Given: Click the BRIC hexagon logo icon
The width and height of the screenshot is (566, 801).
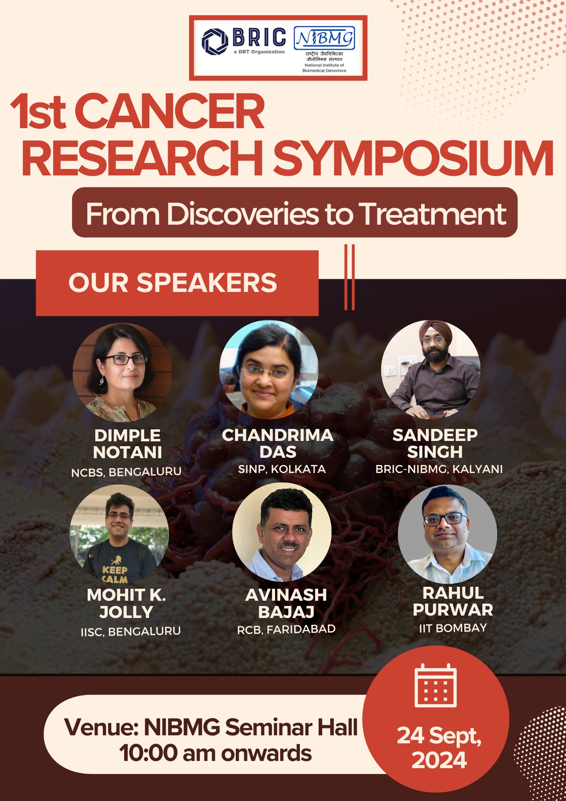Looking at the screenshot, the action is pos(215,41).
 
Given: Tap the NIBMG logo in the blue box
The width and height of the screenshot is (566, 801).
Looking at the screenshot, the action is pos(324,38).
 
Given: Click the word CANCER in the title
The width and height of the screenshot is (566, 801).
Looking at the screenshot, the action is pos(170,111).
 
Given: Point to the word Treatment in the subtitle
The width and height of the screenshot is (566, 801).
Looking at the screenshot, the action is pos(434,214).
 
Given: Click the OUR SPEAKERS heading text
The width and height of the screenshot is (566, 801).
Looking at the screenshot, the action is pos(173,283).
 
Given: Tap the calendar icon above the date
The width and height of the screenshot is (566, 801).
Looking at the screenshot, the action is pos(436,686).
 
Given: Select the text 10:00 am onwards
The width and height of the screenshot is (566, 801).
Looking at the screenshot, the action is pos(215,753).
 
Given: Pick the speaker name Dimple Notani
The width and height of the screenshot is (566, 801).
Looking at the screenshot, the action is pos(128,444).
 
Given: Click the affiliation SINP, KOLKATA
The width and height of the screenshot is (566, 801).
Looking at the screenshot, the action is pos(282,469).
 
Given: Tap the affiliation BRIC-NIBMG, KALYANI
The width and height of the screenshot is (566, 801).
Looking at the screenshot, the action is pos(439,469).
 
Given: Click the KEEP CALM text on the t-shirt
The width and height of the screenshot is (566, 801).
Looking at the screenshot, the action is pos(115,574).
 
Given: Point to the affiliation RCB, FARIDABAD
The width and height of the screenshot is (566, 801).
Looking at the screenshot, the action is pos(286,629).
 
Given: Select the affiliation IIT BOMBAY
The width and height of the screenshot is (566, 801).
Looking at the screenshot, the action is pos(453,628).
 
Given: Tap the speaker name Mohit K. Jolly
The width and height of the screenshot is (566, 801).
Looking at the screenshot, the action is pos(126,604).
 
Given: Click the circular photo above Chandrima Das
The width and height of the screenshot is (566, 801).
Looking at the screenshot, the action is pos(269,370).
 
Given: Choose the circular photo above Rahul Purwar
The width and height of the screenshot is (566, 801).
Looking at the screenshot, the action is pos(448,534).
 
